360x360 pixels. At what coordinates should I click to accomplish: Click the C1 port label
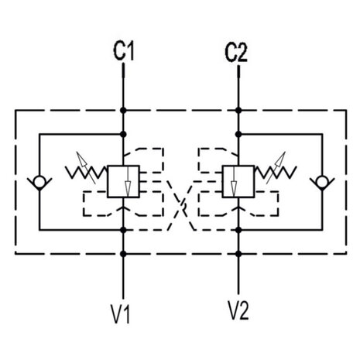point(124,51)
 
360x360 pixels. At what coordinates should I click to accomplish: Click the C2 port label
point(236,53)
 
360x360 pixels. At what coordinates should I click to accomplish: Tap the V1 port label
point(121,314)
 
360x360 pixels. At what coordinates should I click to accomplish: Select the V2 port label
point(238,310)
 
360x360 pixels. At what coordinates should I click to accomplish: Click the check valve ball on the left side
point(39,181)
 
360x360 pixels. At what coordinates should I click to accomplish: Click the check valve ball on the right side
point(322,181)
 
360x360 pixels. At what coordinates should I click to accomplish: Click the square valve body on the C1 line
point(123,181)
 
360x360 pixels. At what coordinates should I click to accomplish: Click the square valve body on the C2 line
point(238,181)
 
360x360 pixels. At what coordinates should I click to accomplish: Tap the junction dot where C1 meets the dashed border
point(123,111)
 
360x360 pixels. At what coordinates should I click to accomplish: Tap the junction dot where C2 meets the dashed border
point(238,111)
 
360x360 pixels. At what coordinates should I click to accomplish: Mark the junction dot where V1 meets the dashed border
point(123,254)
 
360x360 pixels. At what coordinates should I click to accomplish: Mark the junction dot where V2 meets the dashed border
point(238,254)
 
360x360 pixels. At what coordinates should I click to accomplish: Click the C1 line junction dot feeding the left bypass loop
point(123,134)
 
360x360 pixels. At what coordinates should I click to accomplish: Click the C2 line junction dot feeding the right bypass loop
point(238,134)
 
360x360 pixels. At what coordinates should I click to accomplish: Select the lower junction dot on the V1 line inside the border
point(123,230)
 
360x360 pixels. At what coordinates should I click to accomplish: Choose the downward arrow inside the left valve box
point(128,181)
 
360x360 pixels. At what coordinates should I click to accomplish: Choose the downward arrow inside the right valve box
point(234,181)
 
